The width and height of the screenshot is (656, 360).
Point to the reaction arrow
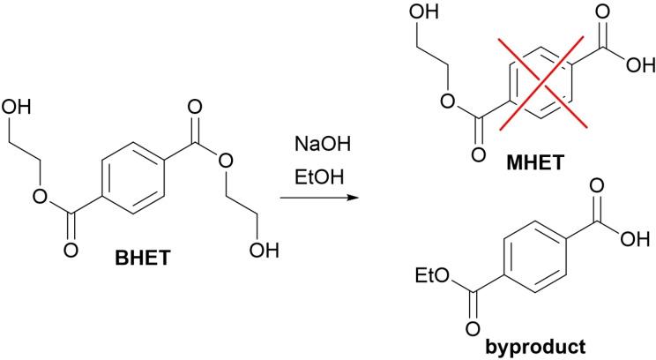(315, 199)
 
